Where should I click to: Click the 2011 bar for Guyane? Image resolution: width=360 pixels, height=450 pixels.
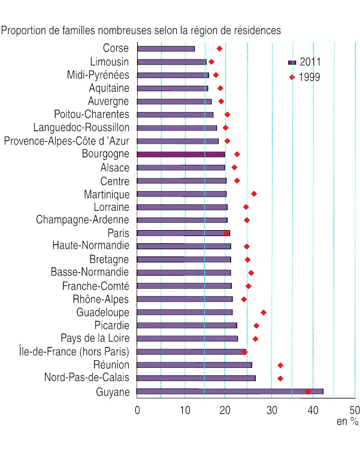coord(230,391)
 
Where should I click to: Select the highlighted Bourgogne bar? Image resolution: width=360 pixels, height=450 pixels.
coord(181,154)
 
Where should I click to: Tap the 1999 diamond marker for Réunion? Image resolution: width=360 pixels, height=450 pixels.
coord(280,365)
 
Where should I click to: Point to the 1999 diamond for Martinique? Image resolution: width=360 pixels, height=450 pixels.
coord(254,194)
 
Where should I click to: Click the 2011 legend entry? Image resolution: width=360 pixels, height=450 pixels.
coord(305,62)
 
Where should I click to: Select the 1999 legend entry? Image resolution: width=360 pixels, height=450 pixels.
coord(305,77)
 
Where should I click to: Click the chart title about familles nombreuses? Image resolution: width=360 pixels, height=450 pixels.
coord(141,29)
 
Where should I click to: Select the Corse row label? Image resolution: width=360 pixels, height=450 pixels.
coord(116,49)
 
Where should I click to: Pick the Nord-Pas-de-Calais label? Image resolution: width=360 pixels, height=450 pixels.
coord(87,377)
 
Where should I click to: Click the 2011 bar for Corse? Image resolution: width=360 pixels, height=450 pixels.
coord(166,49)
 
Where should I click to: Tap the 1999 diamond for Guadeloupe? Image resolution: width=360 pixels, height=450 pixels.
coord(264,312)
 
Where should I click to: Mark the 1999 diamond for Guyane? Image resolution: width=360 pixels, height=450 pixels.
coord(308,391)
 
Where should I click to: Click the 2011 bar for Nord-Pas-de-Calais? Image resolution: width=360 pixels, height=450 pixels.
coord(196,378)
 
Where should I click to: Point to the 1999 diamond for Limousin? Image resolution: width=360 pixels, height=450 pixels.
coord(211,62)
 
